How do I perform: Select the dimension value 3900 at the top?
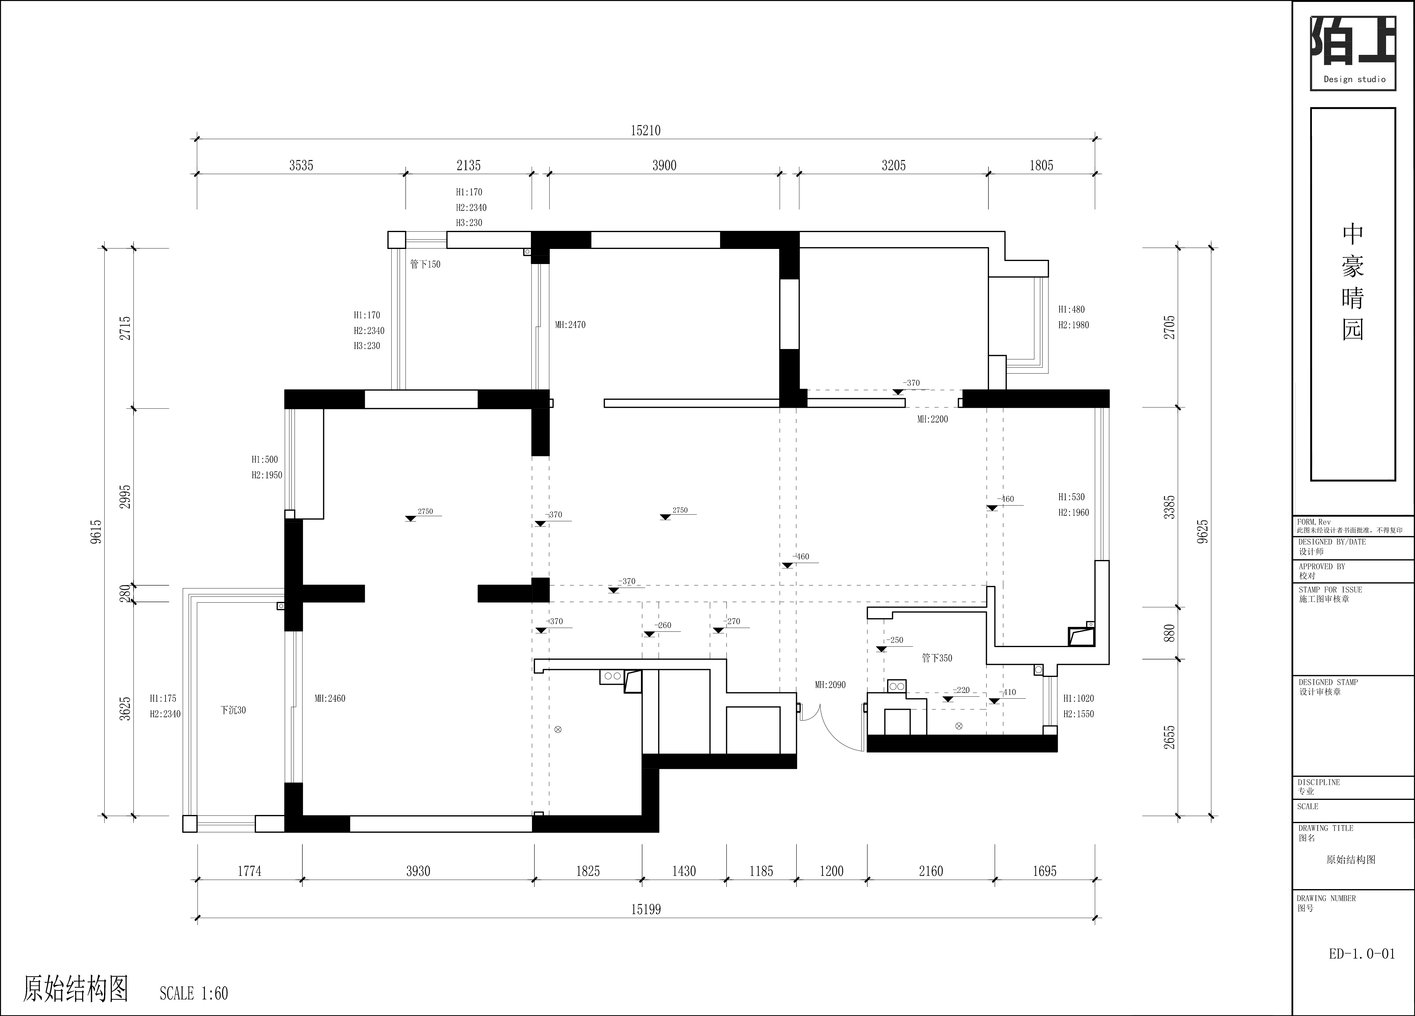[x=664, y=165]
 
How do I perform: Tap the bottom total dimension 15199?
[x=646, y=909]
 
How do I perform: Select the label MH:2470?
[x=570, y=325]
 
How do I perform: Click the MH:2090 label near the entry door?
[x=830, y=685]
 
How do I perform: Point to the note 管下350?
[x=937, y=658]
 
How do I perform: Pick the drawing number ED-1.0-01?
[x=1362, y=954]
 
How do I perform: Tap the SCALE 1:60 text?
[x=194, y=993]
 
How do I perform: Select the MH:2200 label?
[x=932, y=420]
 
